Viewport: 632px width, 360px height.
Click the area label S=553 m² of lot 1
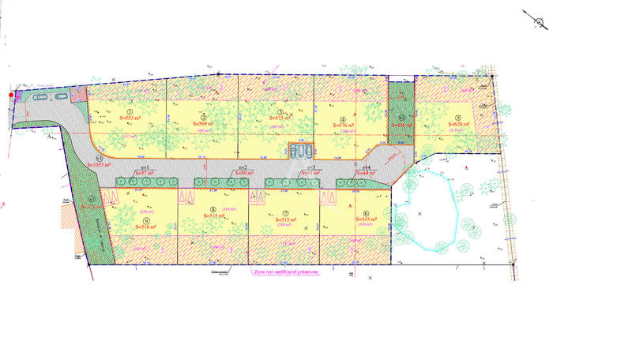(129, 117)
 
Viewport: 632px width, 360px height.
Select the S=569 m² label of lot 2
(205, 125)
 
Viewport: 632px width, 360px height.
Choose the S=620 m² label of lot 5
(459, 125)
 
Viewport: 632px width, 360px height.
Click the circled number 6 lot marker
(366, 213)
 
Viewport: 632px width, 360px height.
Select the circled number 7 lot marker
(285, 214)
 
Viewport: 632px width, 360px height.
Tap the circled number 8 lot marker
(213, 209)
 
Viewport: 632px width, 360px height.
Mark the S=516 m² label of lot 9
(145, 227)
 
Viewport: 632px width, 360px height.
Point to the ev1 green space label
(145, 168)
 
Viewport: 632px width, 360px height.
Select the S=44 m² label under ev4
(367, 173)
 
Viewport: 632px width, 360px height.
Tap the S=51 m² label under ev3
(310, 173)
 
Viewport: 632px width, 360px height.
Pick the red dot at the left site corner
(11, 96)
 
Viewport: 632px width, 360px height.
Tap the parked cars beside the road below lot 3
(300, 150)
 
